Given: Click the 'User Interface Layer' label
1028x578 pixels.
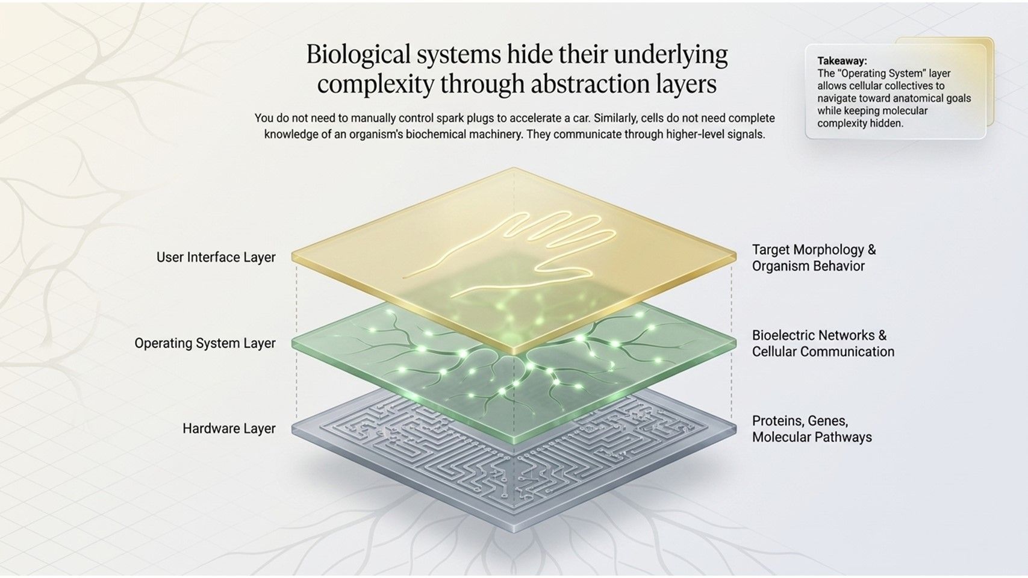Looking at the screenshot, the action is (x=216, y=257).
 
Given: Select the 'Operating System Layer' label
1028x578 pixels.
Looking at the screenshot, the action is (x=205, y=343).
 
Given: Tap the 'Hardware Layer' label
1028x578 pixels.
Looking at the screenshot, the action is (x=229, y=429).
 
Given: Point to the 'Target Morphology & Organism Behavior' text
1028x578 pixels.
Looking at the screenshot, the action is (x=814, y=258).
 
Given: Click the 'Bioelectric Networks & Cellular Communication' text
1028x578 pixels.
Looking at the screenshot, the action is (x=823, y=344).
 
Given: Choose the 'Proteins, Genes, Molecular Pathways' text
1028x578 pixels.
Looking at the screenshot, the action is (x=812, y=429).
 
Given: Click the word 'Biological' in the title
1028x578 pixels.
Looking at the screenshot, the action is (x=358, y=55).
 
